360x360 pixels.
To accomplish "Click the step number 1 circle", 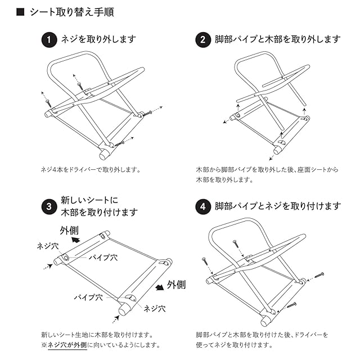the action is tap(49, 40).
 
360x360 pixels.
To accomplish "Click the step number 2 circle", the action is tap(202, 40).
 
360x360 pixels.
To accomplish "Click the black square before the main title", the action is tap(21, 12).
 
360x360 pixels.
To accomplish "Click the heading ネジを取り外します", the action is tap(98, 40).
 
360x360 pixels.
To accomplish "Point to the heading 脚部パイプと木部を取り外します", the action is tap(277, 40).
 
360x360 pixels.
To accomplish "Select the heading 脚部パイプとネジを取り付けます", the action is tap(277, 206).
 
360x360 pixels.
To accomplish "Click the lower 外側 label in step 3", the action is tap(176, 285).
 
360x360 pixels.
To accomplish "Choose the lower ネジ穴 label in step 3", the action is tap(155, 308).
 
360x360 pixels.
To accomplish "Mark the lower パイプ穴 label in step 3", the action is tap(88, 296).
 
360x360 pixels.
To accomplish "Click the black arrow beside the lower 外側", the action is tap(160, 286).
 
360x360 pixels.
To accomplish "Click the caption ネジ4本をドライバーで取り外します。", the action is tap(90, 169).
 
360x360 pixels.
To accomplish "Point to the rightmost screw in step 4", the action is tap(318, 275).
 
